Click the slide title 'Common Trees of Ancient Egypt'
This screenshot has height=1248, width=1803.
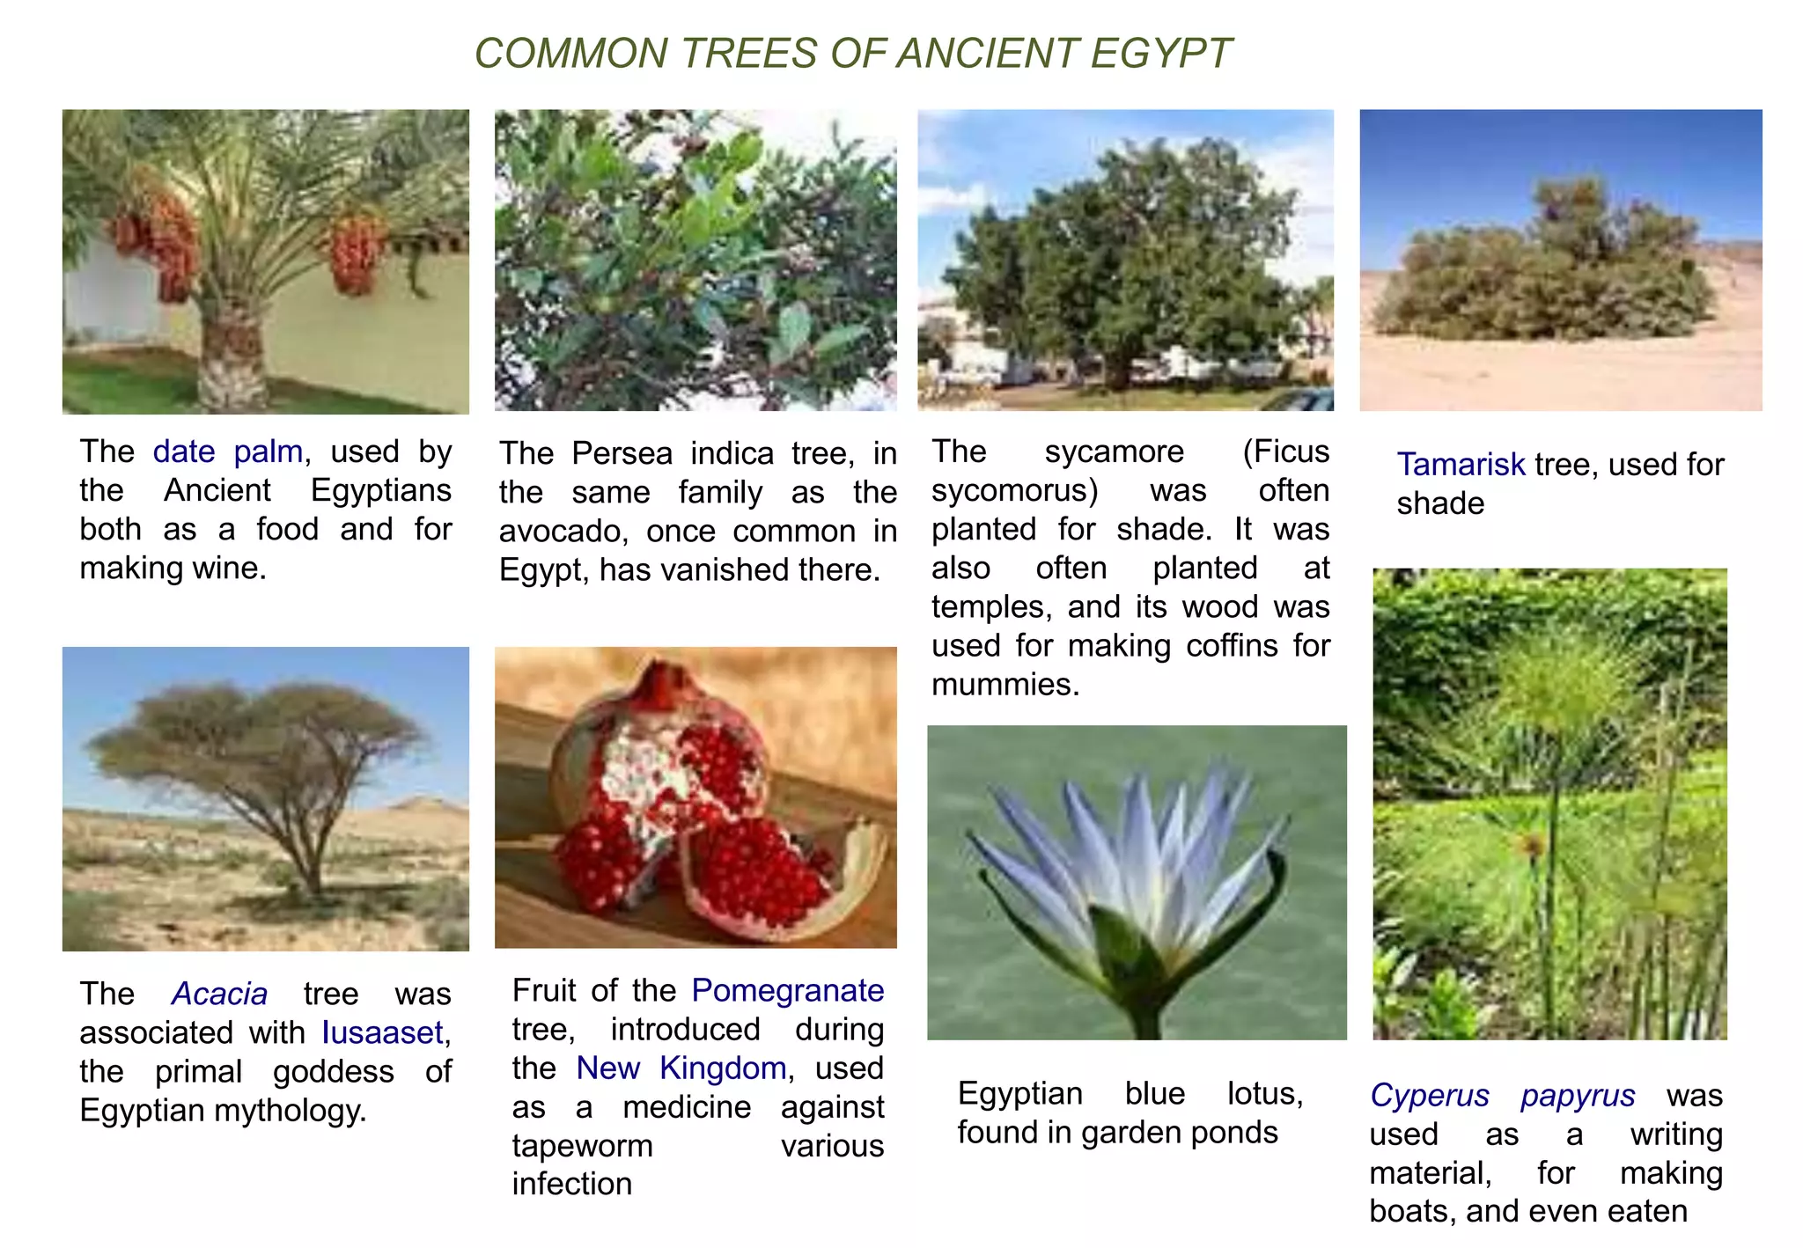(852, 54)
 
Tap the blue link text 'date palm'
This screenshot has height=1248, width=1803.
(227, 451)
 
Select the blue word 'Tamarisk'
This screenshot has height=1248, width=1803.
(1461, 464)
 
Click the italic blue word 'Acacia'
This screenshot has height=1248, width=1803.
(219, 994)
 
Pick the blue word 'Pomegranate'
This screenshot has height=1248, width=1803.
(787, 990)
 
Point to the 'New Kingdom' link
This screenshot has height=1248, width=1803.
(681, 1068)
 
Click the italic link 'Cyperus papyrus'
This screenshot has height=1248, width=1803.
(1502, 1096)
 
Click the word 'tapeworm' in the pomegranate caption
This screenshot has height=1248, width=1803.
(582, 1146)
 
